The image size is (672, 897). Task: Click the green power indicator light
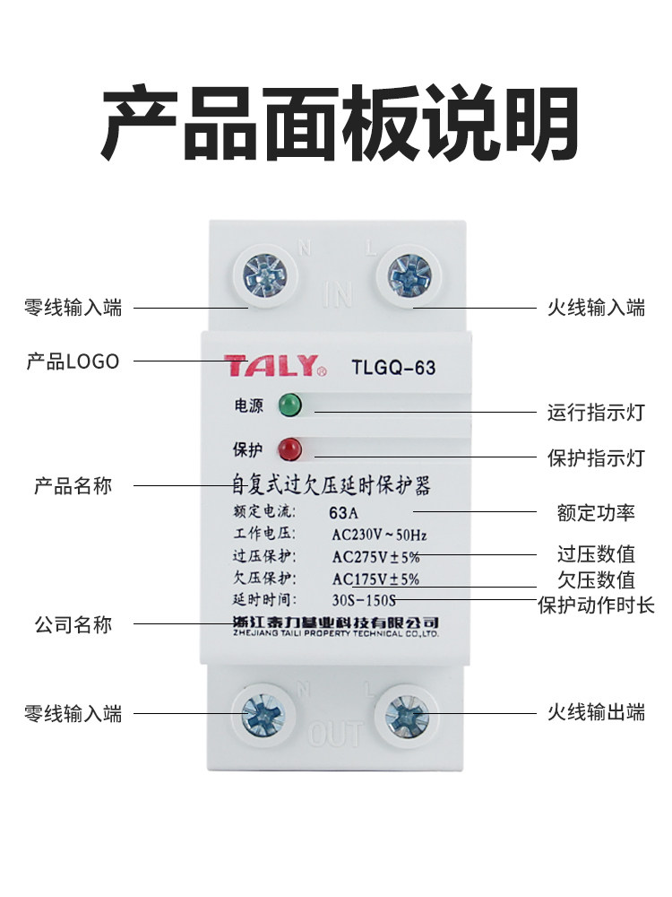[x=290, y=405]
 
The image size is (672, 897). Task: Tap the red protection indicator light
[x=290, y=448]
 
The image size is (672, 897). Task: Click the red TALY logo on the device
[x=271, y=366]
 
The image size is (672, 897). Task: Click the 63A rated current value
[x=343, y=514]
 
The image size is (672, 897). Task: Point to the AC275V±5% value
[x=375, y=556]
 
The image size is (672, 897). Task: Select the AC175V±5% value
[x=375, y=579]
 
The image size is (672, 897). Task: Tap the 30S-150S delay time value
[x=363, y=599]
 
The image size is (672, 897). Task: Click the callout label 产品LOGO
[x=73, y=361]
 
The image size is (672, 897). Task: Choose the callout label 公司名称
[x=73, y=624]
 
